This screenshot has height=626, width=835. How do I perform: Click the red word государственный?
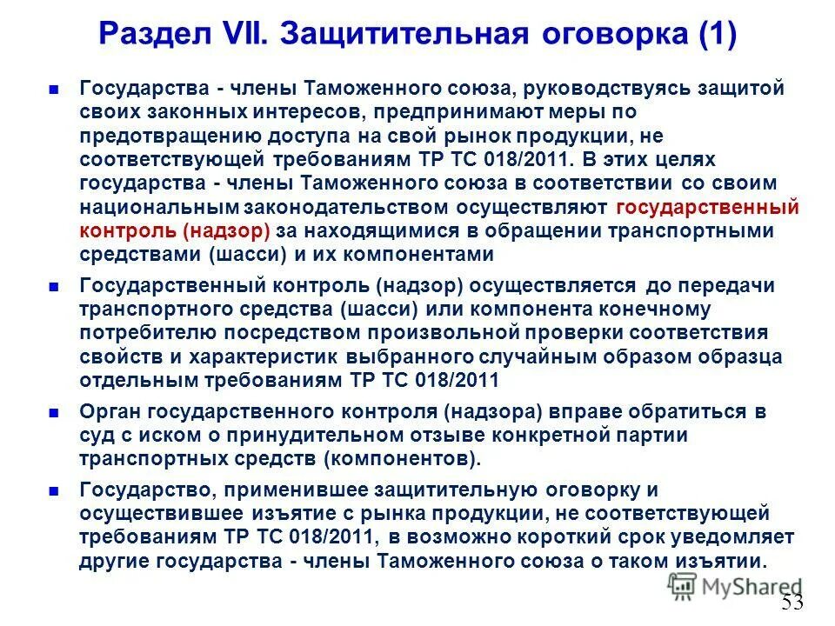click(x=706, y=208)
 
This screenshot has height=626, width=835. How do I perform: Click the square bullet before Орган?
click(x=54, y=412)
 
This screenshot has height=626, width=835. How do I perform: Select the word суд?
click(x=94, y=435)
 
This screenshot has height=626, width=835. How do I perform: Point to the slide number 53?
click(x=792, y=602)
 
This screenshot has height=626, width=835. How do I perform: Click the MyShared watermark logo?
click(x=735, y=587)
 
